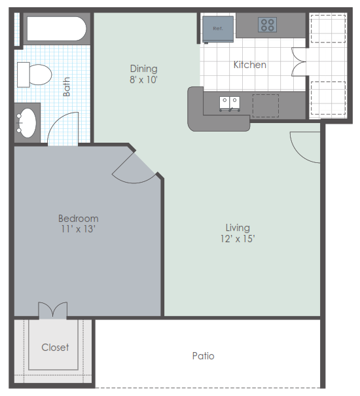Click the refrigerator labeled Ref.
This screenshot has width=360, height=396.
pos(218,29)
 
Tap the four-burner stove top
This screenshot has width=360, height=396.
pos(267,25)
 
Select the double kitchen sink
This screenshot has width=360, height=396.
pos(230,103)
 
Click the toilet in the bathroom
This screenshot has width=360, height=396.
pos(34,75)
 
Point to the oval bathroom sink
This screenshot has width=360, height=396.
pos(26,123)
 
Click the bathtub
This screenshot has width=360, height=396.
pos(56,29)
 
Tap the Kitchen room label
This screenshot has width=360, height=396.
pos(249,65)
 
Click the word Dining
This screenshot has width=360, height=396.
pos(144,69)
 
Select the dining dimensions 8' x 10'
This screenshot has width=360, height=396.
pos(143,80)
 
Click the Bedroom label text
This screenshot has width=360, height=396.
pos(79,219)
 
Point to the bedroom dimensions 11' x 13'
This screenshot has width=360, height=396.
pos(78,229)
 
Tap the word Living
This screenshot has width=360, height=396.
pos(238,228)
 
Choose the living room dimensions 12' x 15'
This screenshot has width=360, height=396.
pos(238,239)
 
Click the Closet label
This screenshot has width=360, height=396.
pos(55,348)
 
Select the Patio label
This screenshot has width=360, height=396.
pos(203,356)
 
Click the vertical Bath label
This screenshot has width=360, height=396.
pos(67,86)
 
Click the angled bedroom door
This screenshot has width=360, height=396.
pos(134,168)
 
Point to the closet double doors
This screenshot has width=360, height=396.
pos(53,310)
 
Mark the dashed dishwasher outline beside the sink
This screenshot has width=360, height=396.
pos(266,106)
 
